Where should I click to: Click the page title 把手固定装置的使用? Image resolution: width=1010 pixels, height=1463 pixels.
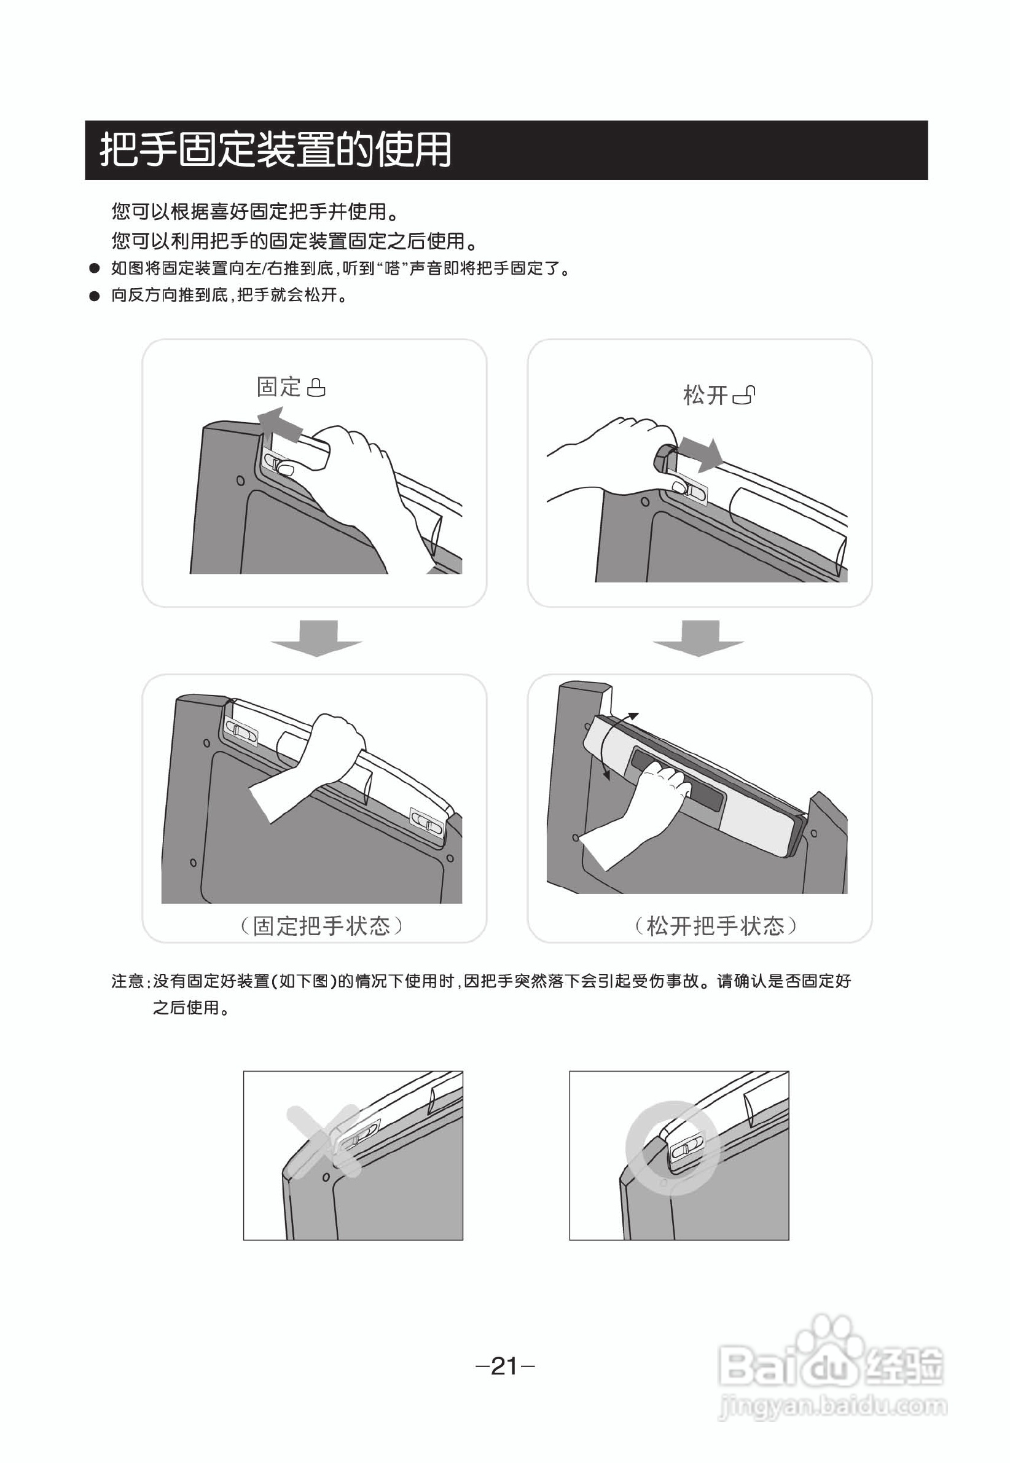pyautogui.click(x=275, y=150)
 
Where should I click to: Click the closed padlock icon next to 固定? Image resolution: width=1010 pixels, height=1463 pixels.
pyautogui.click(x=316, y=387)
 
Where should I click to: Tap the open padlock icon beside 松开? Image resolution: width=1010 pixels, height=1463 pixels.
pyautogui.click(x=744, y=395)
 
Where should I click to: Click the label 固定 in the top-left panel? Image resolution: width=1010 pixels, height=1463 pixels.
pyautogui.click(x=278, y=386)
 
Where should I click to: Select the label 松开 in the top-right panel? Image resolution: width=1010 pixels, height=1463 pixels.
pyautogui.click(x=705, y=395)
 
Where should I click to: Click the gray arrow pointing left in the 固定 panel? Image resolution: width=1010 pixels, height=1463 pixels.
pyautogui.click(x=279, y=424)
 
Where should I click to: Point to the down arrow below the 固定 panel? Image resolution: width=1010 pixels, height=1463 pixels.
pyautogui.click(x=317, y=638)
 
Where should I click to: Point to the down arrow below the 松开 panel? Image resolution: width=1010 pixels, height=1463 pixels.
pyautogui.click(x=699, y=638)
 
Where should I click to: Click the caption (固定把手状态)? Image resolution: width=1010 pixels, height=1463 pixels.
pyautogui.click(x=321, y=926)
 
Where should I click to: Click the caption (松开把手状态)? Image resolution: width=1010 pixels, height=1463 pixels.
pyautogui.click(x=715, y=926)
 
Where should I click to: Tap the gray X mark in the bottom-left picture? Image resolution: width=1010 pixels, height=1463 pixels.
pyautogui.click(x=323, y=1141)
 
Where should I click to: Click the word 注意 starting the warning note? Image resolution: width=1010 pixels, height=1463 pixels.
pyautogui.click(x=128, y=981)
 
